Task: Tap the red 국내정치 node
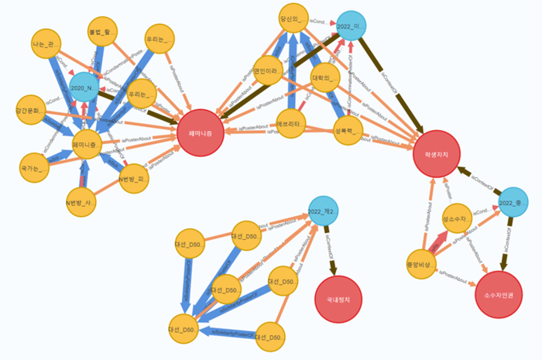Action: (338, 299)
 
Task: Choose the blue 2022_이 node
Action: (351, 26)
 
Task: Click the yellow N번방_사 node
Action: (81, 204)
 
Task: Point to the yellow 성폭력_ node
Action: (348, 129)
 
